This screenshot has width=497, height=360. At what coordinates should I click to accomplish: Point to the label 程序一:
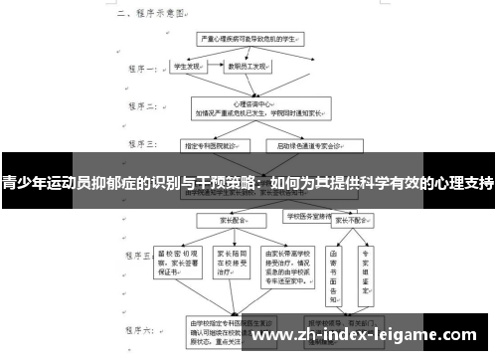pos(138,71)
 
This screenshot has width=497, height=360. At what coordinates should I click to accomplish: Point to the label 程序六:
pos(138,328)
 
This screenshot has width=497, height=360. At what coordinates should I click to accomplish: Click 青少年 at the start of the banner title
pos(24,183)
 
